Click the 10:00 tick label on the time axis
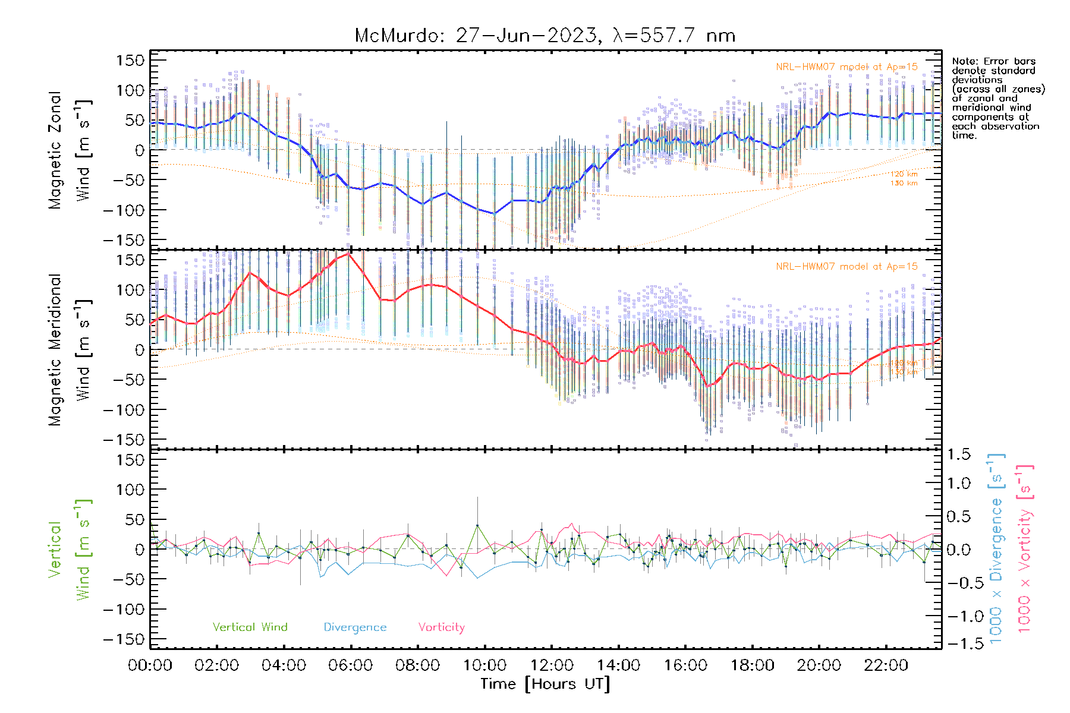pyautogui.click(x=484, y=665)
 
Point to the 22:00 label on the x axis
pyautogui.click(x=886, y=665)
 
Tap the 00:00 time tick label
pyautogui.click(x=150, y=665)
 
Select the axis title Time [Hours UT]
pyautogui.click(x=545, y=684)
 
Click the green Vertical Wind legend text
pyautogui.click(x=250, y=627)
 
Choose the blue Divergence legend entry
pyautogui.click(x=355, y=627)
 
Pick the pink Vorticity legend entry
pyautogui.click(x=441, y=627)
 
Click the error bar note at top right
pyautogui.click(x=997, y=98)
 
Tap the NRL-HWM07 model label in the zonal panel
pyautogui.click(x=846, y=67)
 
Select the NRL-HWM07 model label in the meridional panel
pyautogui.click(x=846, y=267)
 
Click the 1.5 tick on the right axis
pyautogui.click(x=958, y=455)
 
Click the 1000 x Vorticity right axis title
pyautogui.click(x=1024, y=549)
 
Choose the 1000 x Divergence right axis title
pyautogui.click(x=996, y=549)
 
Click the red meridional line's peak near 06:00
pyautogui.click(x=349, y=254)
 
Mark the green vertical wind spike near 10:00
pyautogui.click(x=477, y=525)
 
